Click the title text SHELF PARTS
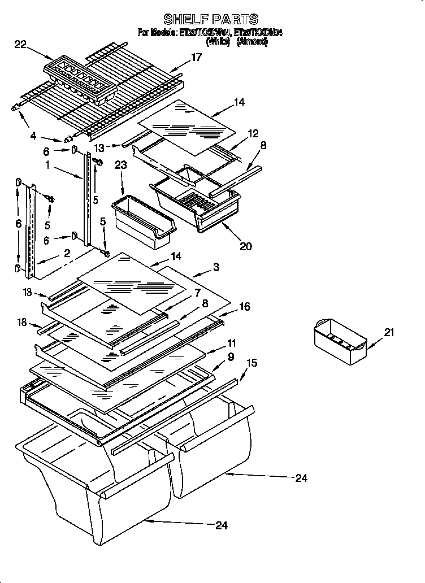210,20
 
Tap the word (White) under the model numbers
218,41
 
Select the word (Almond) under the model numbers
251,41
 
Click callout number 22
20,44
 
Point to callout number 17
196,56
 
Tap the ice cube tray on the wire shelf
80,80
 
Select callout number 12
253,133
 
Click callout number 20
245,246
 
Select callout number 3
216,266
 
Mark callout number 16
244,307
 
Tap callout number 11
232,343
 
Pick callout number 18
21,322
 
